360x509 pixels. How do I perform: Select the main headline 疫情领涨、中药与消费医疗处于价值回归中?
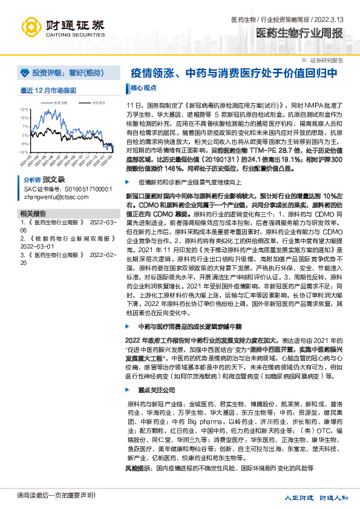(x=238, y=73)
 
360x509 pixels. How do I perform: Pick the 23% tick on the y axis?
(x=25, y=109)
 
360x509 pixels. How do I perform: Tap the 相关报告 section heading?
(x=32, y=213)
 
